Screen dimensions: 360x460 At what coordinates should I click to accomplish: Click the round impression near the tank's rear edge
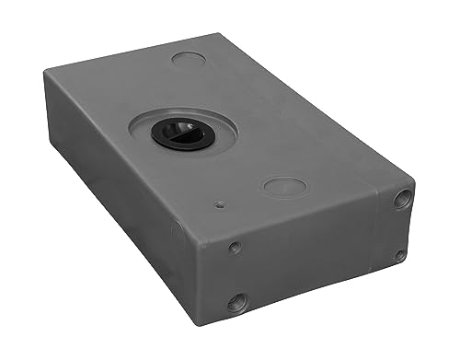point(189,58)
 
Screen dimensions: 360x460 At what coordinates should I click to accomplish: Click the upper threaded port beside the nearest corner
point(236,247)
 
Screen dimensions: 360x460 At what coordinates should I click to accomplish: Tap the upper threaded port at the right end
point(402,199)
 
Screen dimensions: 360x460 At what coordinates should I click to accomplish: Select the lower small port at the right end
point(399,255)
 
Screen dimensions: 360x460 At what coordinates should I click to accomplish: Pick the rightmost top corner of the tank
point(412,180)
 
